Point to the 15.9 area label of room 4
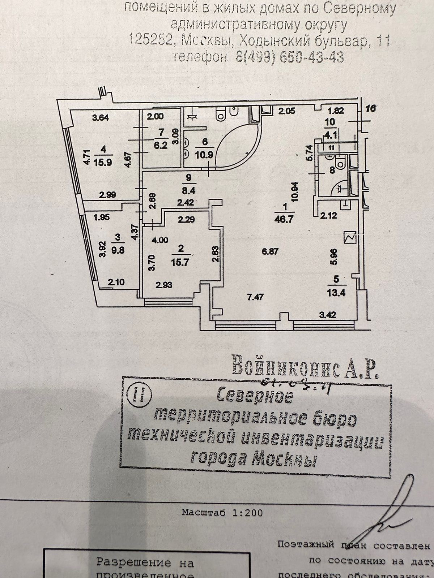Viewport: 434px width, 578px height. [104, 162]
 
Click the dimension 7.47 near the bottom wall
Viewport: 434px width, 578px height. [257, 297]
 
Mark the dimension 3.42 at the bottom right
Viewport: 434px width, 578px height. [328, 315]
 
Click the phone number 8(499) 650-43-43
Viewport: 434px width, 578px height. [289, 57]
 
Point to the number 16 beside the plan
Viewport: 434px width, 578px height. [371, 108]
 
